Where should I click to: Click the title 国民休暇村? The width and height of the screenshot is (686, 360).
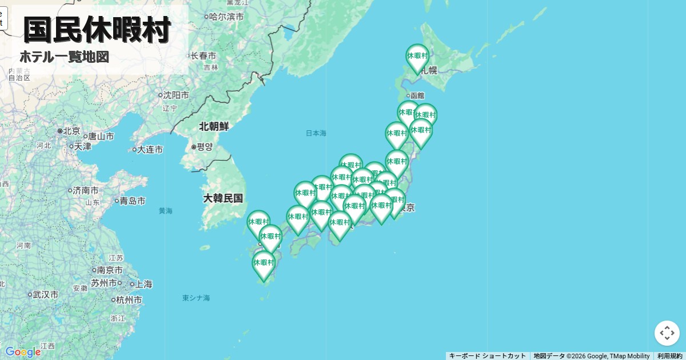click(x=97, y=30)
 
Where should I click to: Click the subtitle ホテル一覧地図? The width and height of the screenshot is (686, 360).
click(x=64, y=57)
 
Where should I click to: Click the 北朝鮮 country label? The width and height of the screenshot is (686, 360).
click(x=214, y=126)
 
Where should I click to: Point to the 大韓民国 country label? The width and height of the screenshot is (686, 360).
click(x=223, y=198)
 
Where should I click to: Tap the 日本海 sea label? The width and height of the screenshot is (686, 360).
click(x=316, y=133)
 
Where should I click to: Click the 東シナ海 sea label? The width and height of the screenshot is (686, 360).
click(x=196, y=298)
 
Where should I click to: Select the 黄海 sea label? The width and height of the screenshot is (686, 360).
click(x=166, y=211)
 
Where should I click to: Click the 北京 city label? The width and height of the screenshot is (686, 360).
click(x=71, y=131)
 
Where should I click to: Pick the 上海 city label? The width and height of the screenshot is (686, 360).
click(x=143, y=284)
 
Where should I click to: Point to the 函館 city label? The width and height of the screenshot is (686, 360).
click(x=417, y=95)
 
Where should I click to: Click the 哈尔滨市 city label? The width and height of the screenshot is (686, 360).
click(x=226, y=17)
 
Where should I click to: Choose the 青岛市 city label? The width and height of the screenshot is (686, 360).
click(x=132, y=201)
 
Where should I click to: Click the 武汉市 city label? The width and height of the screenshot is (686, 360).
click(x=45, y=295)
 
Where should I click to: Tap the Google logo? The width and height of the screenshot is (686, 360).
click(x=22, y=351)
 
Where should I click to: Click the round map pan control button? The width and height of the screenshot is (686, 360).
click(x=667, y=333)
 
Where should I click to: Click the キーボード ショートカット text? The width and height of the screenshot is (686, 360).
click(x=487, y=356)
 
